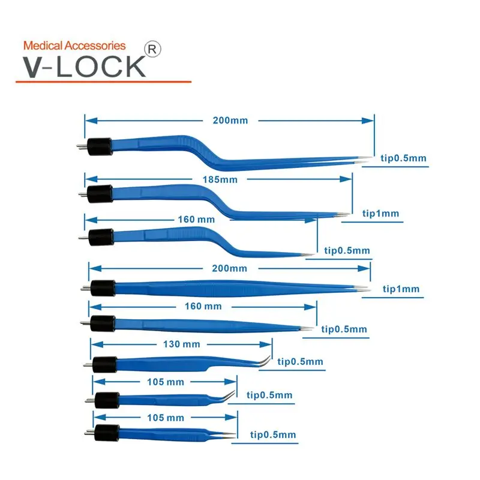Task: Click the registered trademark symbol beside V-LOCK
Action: tap(153, 50)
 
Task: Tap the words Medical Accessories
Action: tap(74, 46)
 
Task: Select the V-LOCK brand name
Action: tap(84, 65)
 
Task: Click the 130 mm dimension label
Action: tap(182, 344)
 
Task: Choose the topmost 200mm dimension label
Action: tap(230, 120)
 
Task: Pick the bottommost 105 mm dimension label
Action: tap(166, 417)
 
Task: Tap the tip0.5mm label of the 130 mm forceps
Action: tap(300, 361)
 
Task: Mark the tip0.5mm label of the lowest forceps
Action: tap(272, 434)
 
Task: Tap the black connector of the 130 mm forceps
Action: tap(104, 363)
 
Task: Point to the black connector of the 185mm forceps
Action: tap(100, 193)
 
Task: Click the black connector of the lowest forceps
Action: tap(106, 431)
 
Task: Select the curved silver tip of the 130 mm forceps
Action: tap(266, 360)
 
